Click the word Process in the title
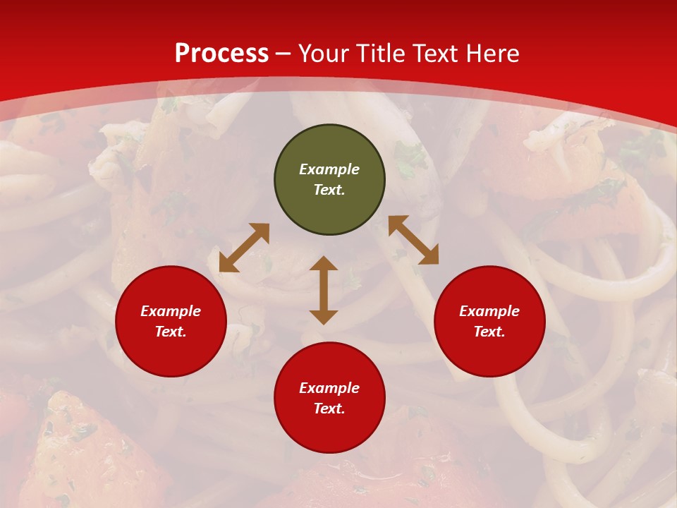click(221, 54)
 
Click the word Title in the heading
click(382, 54)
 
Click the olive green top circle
click(329, 145)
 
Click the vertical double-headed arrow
click(324, 290)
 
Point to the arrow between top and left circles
click(244, 248)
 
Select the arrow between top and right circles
click(413, 240)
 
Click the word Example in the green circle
click(329, 169)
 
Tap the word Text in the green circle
click(329, 190)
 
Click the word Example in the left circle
click(171, 311)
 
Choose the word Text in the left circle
click(171, 332)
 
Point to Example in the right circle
click(489, 311)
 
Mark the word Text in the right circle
click(489, 332)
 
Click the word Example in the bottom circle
click(329, 388)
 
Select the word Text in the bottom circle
click(329, 409)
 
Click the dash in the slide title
click(283, 54)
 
